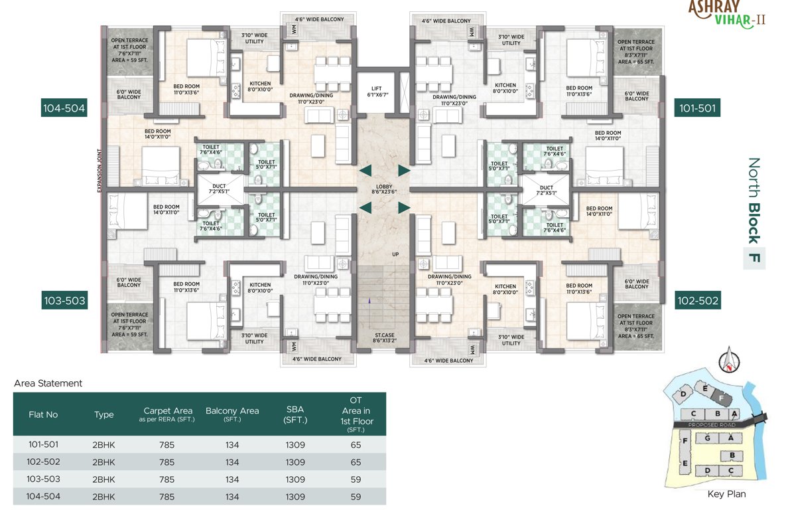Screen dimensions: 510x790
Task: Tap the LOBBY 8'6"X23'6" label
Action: (384, 189)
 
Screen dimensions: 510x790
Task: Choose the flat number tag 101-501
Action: (697, 108)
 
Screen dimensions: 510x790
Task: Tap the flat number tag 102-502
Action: (697, 301)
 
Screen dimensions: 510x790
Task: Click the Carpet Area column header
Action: (168, 414)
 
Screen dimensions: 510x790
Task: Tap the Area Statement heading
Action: (48, 383)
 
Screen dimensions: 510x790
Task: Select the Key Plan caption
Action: (726, 494)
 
